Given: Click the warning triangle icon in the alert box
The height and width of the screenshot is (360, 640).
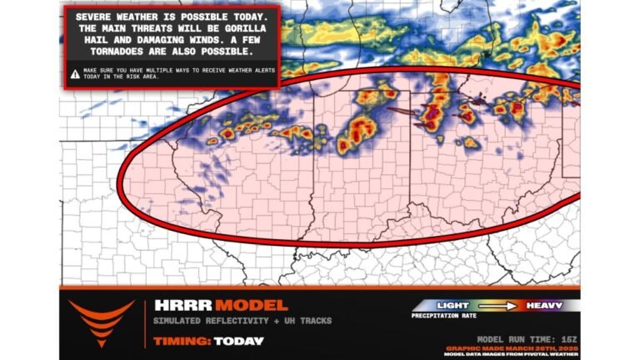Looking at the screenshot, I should [x=75, y=73].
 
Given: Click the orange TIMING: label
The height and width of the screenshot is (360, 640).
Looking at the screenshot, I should [x=182, y=340].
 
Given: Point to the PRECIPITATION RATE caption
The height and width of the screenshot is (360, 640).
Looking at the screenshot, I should [x=447, y=317].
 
